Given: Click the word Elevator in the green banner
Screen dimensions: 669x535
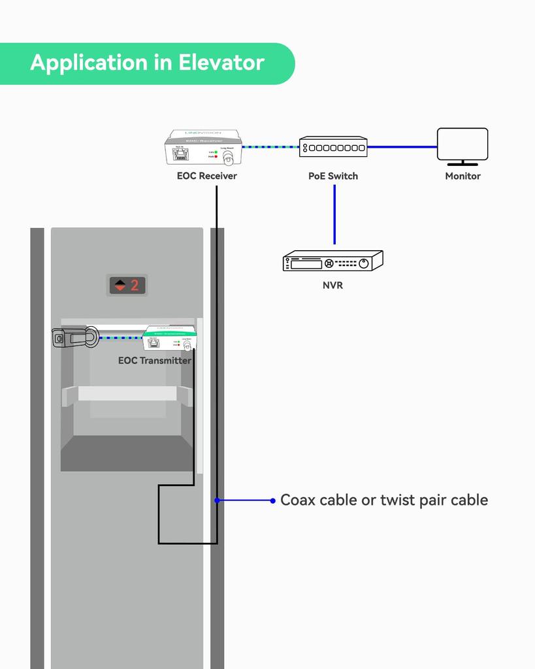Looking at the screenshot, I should point(221,63).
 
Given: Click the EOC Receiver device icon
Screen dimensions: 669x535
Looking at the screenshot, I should point(203,148).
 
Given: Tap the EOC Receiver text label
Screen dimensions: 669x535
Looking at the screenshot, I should point(206,176).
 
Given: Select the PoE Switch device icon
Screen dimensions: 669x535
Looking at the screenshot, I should point(333,147).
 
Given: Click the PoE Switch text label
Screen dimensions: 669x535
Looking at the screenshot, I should point(333,176).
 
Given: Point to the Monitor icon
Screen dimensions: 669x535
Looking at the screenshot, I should point(462,145).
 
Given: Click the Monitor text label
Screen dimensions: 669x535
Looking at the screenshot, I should point(462,176).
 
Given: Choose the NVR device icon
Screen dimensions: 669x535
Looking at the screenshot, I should point(332,261).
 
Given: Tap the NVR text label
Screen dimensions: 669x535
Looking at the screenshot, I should point(332,286).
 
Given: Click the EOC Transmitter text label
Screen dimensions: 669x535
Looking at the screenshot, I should point(155,361).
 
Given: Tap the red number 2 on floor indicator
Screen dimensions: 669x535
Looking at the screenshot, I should point(135,286).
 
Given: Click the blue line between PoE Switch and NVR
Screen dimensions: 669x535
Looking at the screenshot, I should point(334,216).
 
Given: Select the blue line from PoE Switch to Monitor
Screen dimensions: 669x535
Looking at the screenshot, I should point(402,147).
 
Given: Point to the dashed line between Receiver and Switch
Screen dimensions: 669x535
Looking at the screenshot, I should point(270,147).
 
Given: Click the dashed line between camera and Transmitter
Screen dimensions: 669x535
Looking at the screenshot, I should point(121,338).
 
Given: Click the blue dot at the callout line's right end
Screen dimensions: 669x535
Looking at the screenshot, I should point(272,500).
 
